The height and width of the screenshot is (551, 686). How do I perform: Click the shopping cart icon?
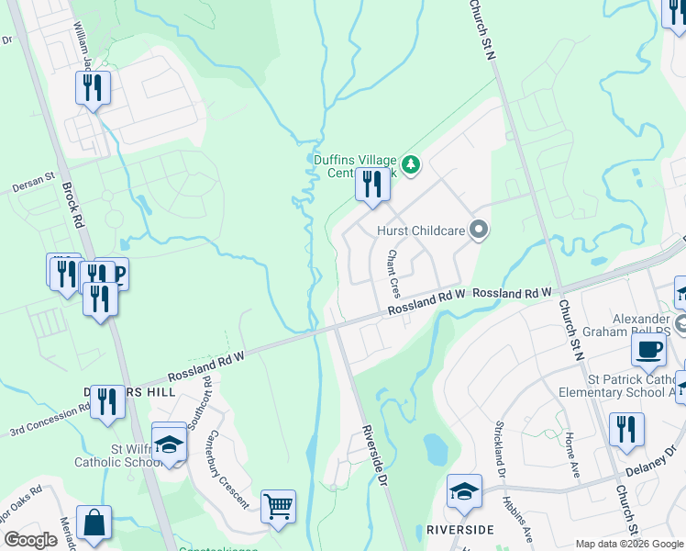coord(278,506)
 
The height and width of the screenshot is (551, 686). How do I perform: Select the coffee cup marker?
coord(649,350)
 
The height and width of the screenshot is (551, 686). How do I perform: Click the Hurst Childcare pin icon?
coord(478,230)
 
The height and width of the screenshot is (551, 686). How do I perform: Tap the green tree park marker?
coord(412,164)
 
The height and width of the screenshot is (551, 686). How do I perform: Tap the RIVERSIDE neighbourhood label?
coord(459,530)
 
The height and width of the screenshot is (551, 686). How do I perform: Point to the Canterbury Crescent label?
coord(227,469)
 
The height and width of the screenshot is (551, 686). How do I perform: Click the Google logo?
coord(30,539)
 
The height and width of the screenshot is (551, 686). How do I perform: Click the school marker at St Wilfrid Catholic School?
coord(169,444)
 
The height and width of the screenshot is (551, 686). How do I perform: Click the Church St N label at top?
coord(482,30)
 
